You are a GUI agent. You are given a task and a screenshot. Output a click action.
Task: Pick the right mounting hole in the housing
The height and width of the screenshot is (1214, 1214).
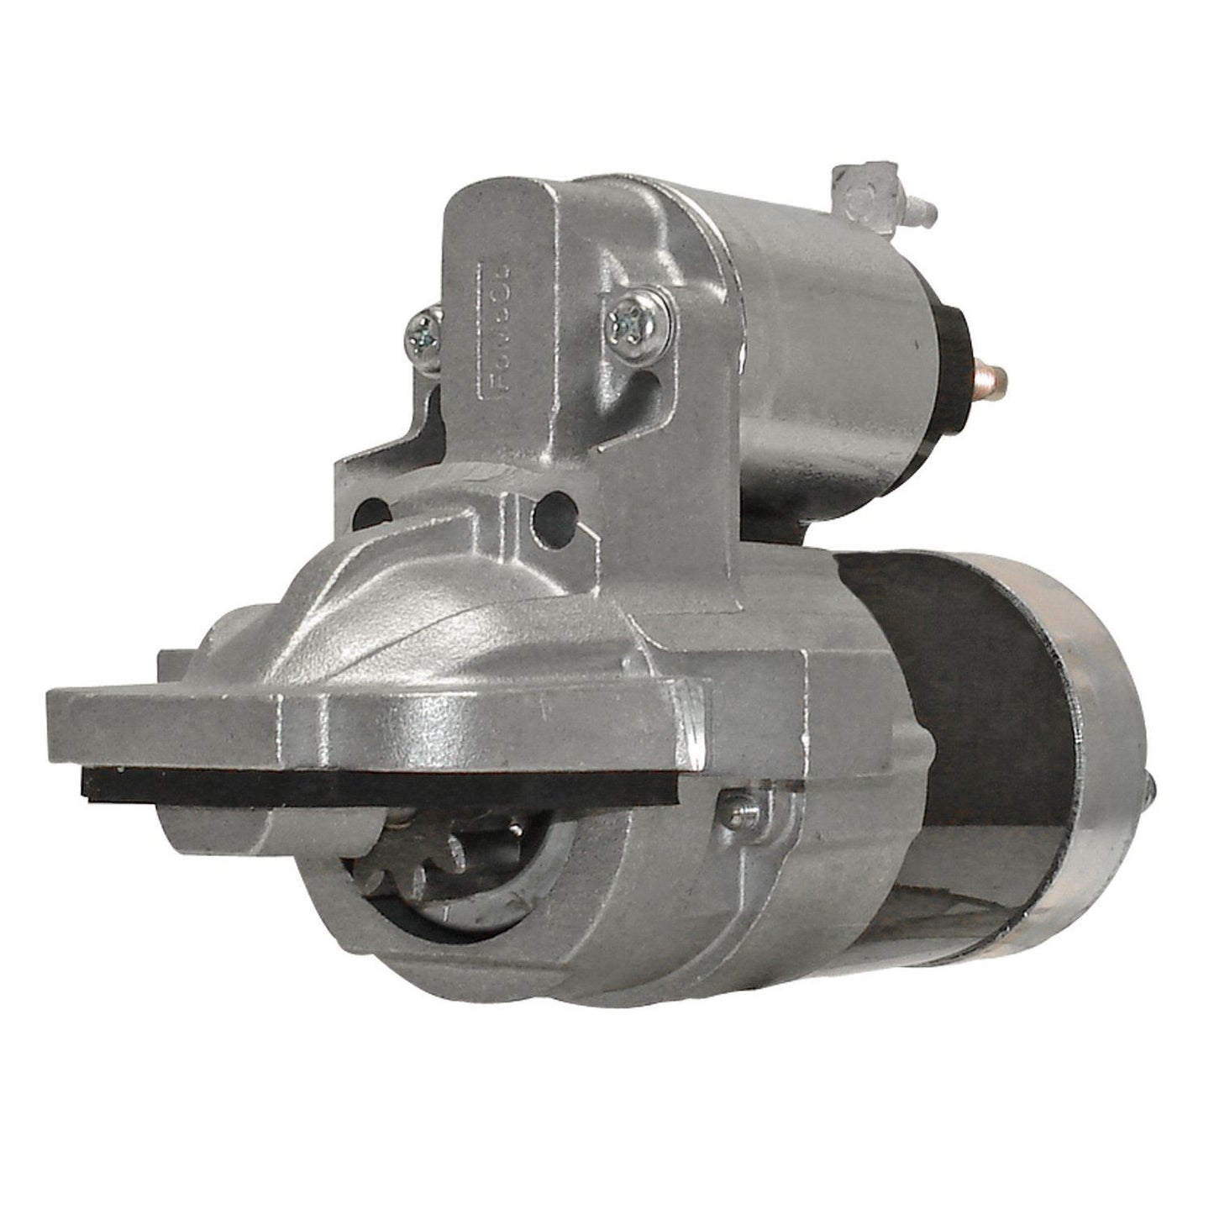click(551, 508)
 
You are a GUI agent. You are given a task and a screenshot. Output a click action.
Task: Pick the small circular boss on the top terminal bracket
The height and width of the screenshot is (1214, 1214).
click(859, 199)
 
